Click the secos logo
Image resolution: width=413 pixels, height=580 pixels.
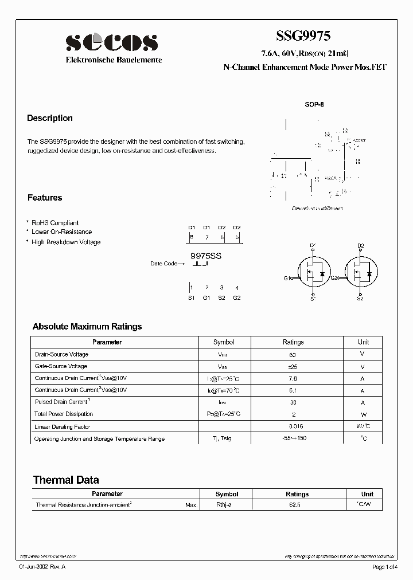tap(111, 42)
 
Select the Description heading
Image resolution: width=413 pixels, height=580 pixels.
tap(50, 118)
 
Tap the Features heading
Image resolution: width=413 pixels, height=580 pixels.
tap(45, 198)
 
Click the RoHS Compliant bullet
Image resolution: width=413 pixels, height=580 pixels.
tap(55, 223)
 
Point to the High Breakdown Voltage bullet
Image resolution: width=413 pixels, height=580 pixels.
tap(66, 242)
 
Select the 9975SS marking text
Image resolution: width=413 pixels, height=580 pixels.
tap(206, 257)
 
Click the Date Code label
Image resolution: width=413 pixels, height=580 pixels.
tap(164, 264)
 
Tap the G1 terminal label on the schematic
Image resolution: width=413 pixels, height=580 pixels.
tap(287, 278)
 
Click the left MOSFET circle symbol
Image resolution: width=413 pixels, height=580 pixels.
tap(314, 273)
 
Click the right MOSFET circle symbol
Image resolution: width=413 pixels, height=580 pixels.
tap(361, 273)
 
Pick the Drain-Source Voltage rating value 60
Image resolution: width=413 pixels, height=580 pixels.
tap(293, 355)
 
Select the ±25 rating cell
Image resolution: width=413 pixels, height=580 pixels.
tap(293, 366)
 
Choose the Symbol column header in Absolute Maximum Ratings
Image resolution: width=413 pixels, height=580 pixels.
tap(224, 342)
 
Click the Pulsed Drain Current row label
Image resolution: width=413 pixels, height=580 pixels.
tap(63, 402)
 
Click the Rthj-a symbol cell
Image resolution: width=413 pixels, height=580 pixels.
tap(224, 505)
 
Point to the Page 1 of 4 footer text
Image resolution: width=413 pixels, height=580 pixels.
tap(388, 567)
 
